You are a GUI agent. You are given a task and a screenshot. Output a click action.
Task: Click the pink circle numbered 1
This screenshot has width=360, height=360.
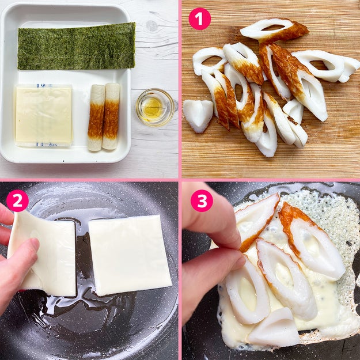(x=199, y=19)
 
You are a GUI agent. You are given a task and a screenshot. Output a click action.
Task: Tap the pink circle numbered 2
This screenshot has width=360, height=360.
(x=17, y=200)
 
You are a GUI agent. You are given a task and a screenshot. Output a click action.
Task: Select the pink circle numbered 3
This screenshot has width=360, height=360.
(x=201, y=200)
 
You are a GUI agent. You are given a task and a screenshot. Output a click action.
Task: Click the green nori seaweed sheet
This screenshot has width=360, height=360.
(x=76, y=47)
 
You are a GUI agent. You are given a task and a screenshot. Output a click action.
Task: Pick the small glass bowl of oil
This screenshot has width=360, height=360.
(x=154, y=107)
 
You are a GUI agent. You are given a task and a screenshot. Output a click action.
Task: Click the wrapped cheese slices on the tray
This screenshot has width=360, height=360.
(x=44, y=115)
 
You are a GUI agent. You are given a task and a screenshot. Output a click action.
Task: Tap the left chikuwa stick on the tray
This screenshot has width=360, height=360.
(x=96, y=118)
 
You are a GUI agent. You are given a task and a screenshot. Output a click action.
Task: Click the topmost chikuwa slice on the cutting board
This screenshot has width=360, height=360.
(x=274, y=29)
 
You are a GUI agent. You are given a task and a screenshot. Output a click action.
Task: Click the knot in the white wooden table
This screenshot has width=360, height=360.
(x=151, y=26)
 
